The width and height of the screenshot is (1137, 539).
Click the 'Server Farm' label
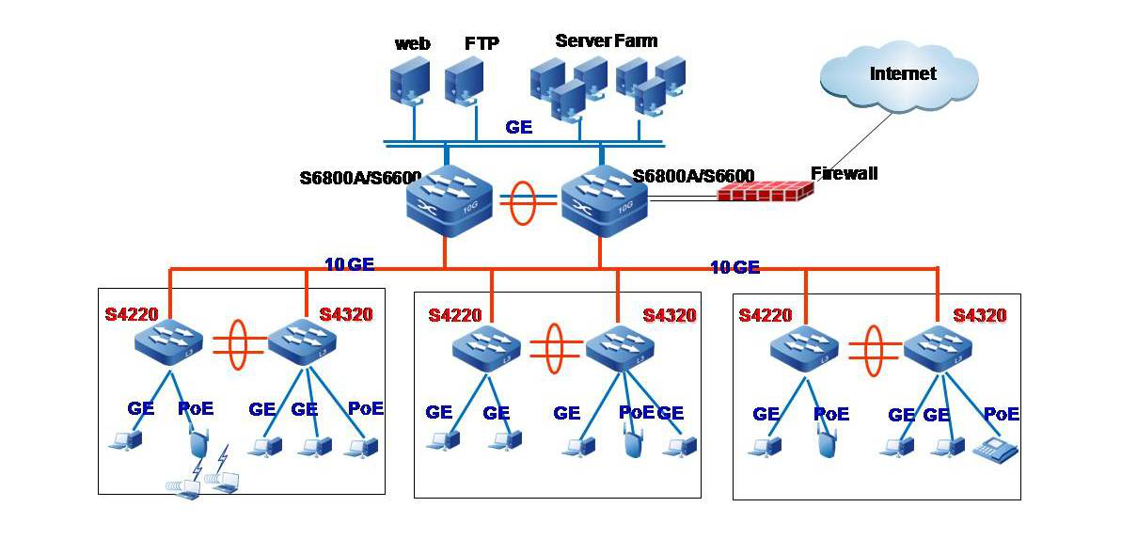pyautogui.click(x=606, y=40)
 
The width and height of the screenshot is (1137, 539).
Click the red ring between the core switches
pyautogui.click(x=521, y=204)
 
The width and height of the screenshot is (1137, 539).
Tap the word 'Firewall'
pyautogui.click(x=844, y=173)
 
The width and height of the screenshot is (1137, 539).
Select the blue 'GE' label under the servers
pyautogui.click(x=518, y=127)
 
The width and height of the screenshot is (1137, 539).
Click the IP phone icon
pyautogui.click(x=995, y=450)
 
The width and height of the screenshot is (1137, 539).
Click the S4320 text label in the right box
pyautogui.click(x=979, y=315)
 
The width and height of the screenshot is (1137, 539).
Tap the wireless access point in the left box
pyautogui.click(x=197, y=442)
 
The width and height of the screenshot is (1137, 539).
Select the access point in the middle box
pyautogui.click(x=633, y=443)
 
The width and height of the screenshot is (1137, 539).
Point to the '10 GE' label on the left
pyautogui.click(x=349, y=264)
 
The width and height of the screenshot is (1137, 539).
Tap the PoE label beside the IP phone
pyautogui.click(x=1001, y=414)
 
